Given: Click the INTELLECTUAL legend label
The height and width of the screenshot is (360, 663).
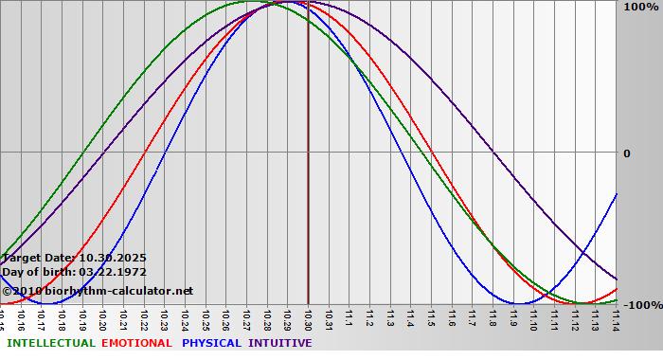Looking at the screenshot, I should [51, 343].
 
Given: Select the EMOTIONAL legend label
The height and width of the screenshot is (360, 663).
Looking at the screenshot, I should [136, 343].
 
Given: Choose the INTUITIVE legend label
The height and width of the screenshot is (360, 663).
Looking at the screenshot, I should [280, 343].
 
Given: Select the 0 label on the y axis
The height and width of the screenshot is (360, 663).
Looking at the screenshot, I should [627, 153].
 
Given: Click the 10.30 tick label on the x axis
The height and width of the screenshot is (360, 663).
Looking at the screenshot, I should [308, 319].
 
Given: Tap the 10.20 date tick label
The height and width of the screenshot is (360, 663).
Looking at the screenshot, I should [102, 319].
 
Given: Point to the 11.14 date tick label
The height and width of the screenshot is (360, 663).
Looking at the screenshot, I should [617, 319].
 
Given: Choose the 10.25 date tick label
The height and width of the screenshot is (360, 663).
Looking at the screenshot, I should [205, 319].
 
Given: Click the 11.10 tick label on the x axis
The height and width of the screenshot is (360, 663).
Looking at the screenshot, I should [534, 319].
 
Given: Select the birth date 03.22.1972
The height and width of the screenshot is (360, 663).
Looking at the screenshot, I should [106, 272].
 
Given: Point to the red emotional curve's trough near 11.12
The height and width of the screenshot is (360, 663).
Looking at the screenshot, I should [582, 303].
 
